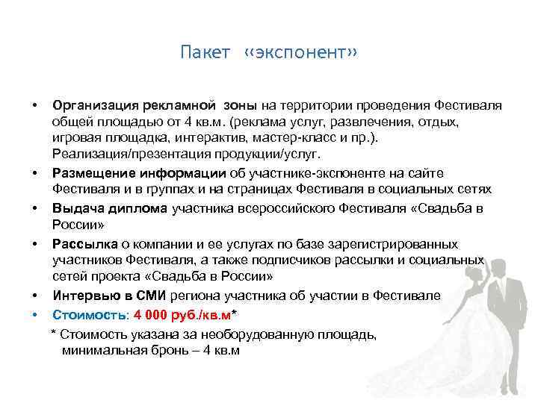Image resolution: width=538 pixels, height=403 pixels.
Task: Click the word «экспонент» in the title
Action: click(302, 54)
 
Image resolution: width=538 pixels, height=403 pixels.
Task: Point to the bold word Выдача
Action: click(74, 209)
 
